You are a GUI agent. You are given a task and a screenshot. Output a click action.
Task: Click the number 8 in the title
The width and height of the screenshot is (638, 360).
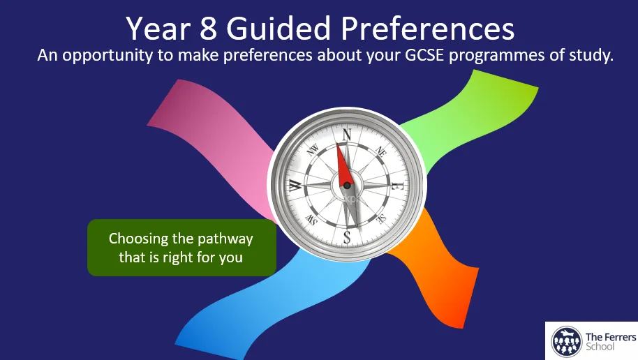point(208,29)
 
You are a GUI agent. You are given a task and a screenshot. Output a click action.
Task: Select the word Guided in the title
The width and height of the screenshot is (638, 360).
point(279,29)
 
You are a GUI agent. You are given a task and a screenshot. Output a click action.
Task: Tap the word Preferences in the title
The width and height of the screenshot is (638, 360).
point(428,29)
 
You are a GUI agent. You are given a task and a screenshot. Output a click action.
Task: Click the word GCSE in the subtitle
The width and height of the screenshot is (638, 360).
point(424,55)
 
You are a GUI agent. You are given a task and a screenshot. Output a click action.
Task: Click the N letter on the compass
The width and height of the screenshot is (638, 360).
point(346,134)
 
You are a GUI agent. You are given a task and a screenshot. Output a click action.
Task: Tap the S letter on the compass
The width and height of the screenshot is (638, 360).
point(347,237)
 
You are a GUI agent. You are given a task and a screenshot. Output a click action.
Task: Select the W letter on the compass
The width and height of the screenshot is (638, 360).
point(296,186)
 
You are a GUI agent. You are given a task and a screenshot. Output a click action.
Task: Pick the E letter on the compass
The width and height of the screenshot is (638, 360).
point(396,186)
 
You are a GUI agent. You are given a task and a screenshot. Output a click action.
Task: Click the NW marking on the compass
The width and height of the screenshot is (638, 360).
point(313,151)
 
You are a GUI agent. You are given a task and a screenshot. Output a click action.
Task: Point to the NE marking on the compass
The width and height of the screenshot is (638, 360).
point(381,151)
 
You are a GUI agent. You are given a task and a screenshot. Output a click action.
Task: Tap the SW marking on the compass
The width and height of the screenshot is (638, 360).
point(312,220)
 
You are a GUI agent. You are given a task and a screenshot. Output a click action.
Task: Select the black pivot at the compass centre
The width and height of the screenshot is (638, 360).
point(347,186)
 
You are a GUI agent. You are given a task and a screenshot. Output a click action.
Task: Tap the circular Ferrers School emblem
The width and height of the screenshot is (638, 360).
point(566,341)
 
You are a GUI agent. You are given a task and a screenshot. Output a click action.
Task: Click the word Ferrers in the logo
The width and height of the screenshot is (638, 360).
point(620,337)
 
